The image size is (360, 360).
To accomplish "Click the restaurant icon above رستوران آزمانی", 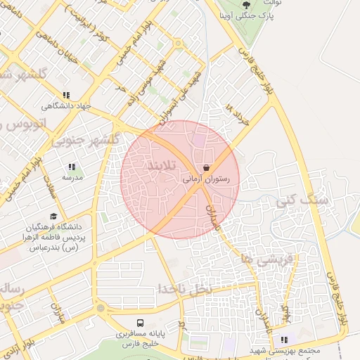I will tap(207, 168).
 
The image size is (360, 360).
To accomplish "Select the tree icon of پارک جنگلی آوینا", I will tap(245, 5).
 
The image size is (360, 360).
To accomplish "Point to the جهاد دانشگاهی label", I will tap(67, 106).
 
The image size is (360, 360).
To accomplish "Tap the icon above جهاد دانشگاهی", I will tap(66, 95).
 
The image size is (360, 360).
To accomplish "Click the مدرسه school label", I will tap(72, 178).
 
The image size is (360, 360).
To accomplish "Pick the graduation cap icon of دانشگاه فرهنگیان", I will tap(53, 216).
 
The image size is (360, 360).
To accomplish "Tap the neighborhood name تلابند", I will tap(159, 165).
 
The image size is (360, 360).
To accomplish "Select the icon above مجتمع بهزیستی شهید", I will tap(284, 340).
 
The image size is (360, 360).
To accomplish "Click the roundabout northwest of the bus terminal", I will tap(101, 307).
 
